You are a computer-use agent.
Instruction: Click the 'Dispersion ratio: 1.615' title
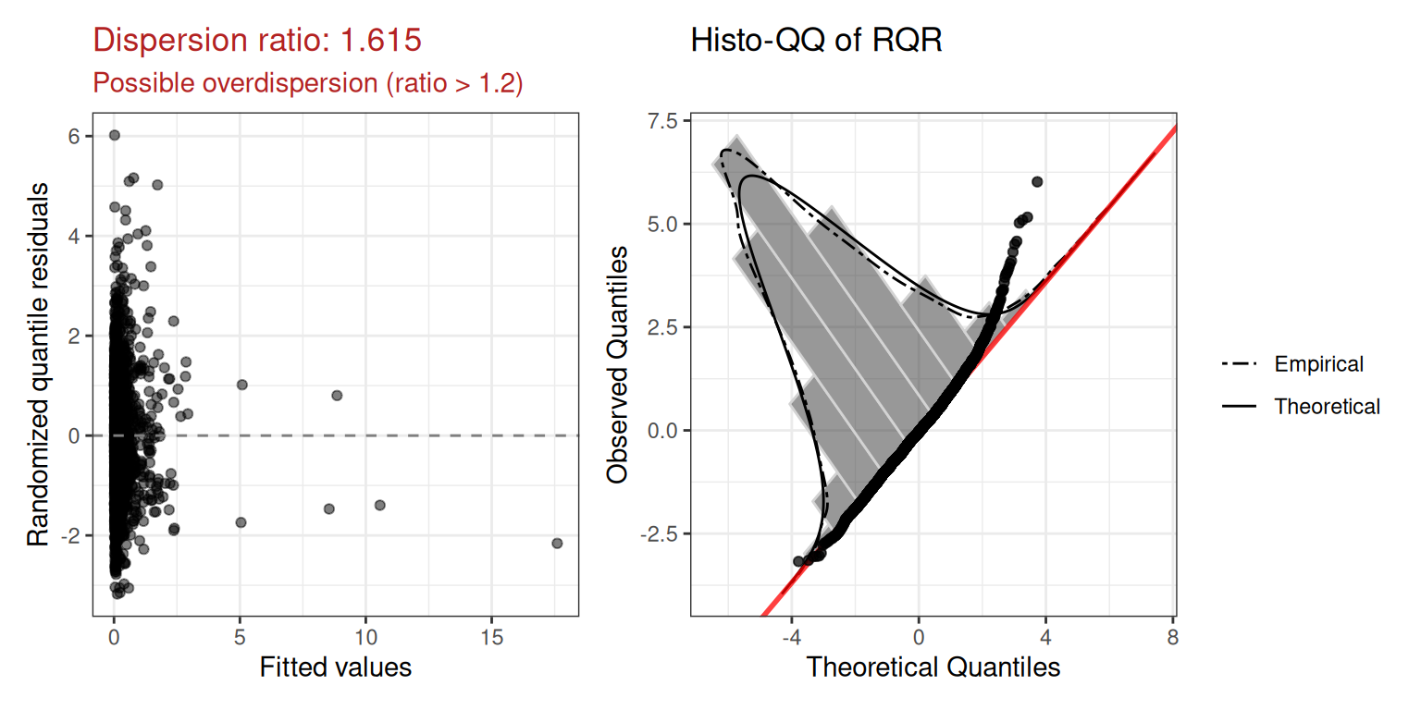[258, 40]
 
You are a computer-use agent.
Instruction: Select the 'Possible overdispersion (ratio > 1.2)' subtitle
[308, 83]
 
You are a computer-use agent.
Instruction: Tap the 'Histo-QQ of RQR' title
[816, 40]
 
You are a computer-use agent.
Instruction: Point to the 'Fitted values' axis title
[335, 666]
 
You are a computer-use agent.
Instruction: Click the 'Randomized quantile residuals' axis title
[38, 363]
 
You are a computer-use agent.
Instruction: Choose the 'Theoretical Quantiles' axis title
[933, 666]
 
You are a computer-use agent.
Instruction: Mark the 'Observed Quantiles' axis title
[618, 363]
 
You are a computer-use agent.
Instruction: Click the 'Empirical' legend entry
[1318, 364]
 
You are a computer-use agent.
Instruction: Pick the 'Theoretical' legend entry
[1327, 406]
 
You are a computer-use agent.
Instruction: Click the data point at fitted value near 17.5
[557, 543]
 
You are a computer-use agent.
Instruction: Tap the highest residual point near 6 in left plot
[115, 135]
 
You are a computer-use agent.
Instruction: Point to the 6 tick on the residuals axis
[74, 136]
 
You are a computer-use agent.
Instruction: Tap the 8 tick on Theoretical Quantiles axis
[1172, 638]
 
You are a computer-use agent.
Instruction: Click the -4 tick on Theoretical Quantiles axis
[791, 638]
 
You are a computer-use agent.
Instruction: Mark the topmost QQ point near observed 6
[1037, 182]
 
